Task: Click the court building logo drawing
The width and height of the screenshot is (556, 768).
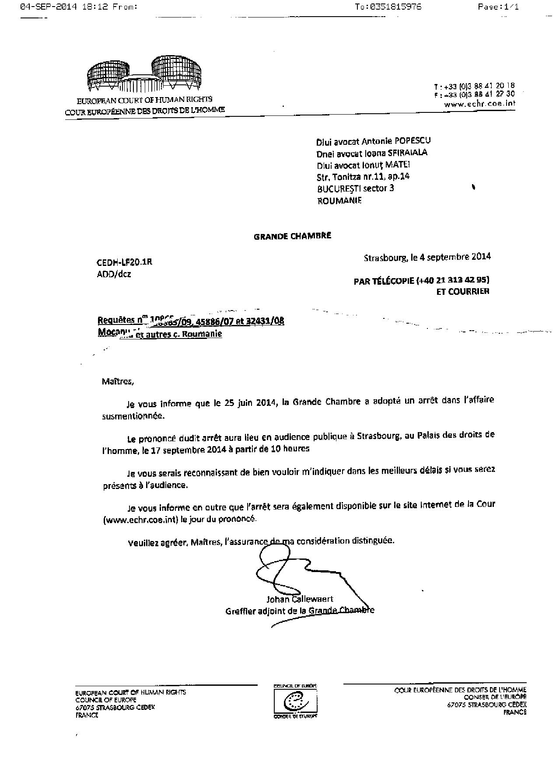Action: [144, 75]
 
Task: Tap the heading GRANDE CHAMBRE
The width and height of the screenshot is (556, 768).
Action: [292, 236]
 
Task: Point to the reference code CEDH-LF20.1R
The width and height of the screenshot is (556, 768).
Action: [124, 262]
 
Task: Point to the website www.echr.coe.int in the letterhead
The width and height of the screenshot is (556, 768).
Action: [479, 104]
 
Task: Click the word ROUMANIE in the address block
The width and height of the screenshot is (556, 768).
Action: [339, 201]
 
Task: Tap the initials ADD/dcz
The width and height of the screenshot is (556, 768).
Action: [114, 275]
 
